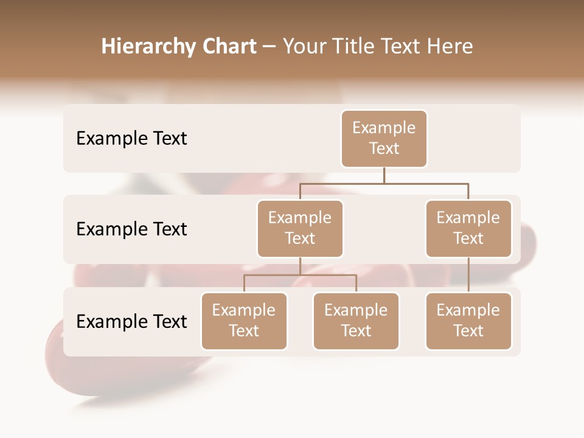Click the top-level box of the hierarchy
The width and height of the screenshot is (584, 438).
384,139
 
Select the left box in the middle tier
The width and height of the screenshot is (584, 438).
300,229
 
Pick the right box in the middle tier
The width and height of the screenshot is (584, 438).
468,229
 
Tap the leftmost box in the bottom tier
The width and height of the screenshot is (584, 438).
244,321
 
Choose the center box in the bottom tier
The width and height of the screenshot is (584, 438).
356,321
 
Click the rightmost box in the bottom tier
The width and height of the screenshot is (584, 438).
468,321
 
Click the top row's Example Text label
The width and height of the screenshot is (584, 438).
131,139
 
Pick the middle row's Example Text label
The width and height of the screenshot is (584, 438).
131,229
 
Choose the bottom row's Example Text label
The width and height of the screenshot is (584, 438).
131,322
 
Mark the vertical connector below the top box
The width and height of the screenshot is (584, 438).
384,175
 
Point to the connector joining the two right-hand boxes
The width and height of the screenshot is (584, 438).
468,275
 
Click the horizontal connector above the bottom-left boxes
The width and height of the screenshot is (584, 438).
300,275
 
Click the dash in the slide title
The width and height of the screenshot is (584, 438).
269,47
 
